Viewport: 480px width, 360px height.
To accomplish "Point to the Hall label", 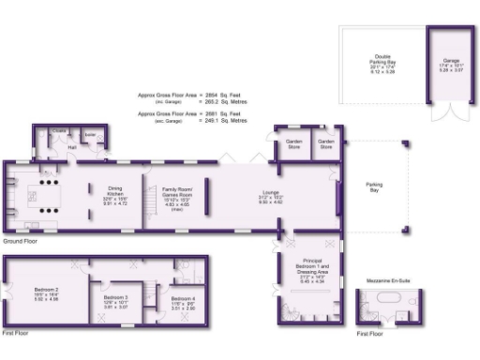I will coord(72,146).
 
